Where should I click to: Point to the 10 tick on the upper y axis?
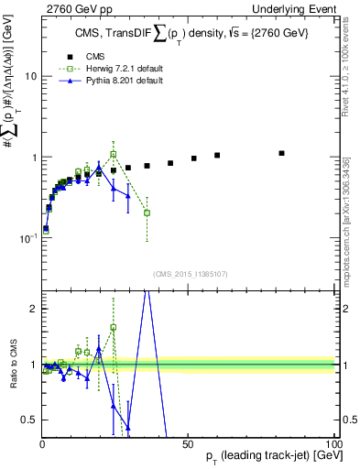coord(31,77)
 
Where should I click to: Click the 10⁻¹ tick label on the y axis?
coord(27,237)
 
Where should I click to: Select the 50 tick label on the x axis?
coord(188,443)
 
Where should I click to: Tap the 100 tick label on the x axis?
coord(333,443)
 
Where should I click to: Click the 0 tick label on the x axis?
coord(42,443)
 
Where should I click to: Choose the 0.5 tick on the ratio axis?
coord(28,420)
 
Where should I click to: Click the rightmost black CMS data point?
coord(281,153)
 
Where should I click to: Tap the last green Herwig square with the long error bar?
coord(147,213)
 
